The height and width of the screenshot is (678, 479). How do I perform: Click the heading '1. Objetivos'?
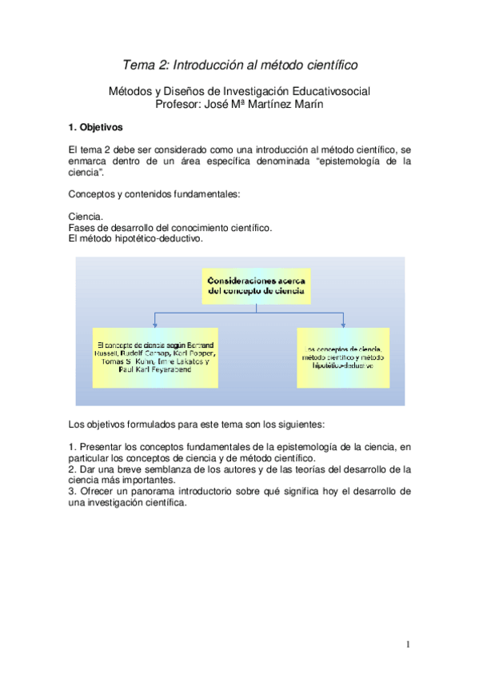pyautogui.click(x=95, y=126)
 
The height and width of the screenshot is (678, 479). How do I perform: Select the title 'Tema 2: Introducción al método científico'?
pyautogui.click(x=239, y=64)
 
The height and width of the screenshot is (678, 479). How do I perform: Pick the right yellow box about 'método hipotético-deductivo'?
pyautogui.click(x=343, y=357)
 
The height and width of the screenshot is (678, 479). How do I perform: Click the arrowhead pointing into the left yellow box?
pyautogui.click(x=154, y=324)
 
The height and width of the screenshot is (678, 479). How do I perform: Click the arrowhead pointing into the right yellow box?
pyautogui.click(x=343, y=324)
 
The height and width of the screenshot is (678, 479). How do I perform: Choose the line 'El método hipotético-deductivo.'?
pyautogui.click(x=136, y=238)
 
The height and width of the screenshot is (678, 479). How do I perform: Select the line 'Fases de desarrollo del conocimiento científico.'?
pyautogui.click(x=170, y=228)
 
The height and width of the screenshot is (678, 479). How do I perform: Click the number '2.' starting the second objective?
pyautogui.click(x=74, y=469)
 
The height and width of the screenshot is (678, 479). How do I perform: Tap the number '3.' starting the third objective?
pyautogui.click(x=74, y=491)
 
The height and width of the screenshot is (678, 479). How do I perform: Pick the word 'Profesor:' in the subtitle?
pyautogui.click(x=182, y=103)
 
